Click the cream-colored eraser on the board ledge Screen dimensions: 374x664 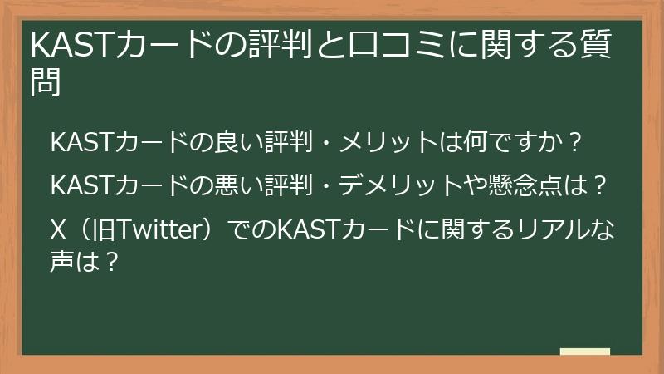coord(584,352)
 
